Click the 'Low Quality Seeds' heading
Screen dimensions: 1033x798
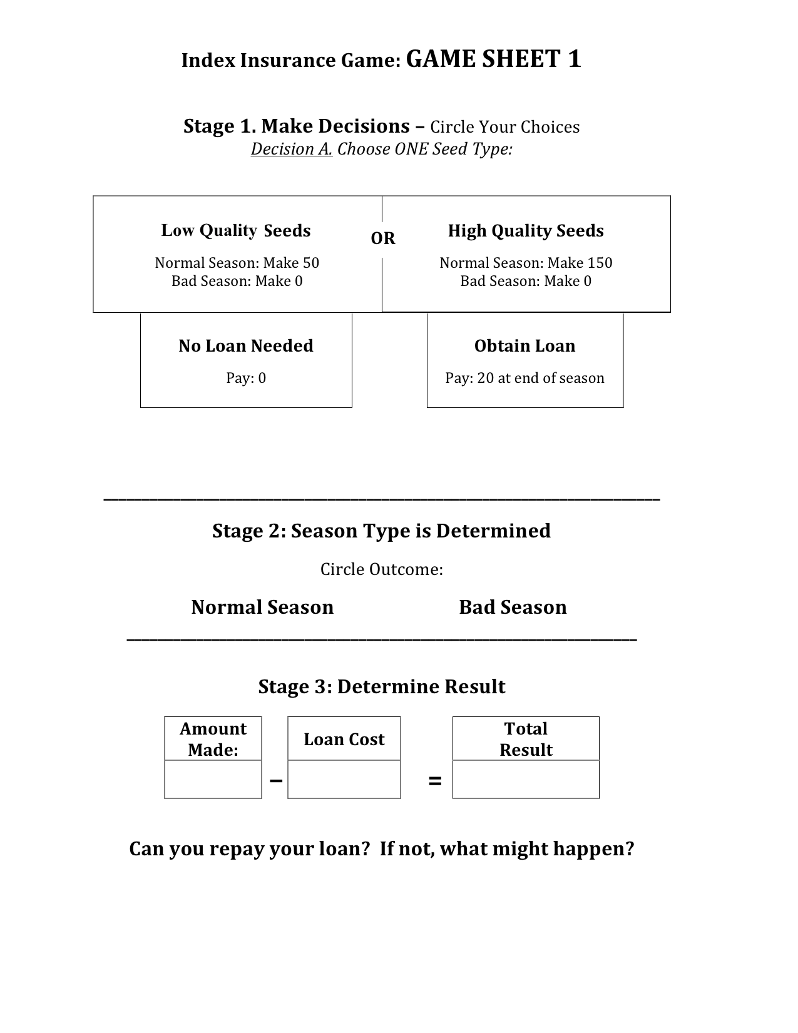(x=236, y=230)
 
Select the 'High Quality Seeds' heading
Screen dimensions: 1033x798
(x=526, y=230)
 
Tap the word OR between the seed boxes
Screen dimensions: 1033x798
(x=383, y=238)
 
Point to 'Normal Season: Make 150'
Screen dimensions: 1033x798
(x=526, y=263)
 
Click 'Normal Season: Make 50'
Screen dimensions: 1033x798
(x=237, y=263)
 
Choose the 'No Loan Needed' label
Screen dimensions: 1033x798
(x=246, y=345)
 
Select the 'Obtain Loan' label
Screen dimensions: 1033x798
(x=524, y=345)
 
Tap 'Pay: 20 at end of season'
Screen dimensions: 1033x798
(x=524, y=378)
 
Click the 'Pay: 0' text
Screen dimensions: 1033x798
(x=246, y=378)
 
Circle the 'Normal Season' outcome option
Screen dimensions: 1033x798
(x=262, y=607)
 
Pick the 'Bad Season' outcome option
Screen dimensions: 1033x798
(x=513, y=607)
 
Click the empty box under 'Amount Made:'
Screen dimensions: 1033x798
(x=213, y=780)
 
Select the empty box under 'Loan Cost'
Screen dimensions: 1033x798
(x=344, y=780)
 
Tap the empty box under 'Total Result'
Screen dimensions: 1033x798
(x=526, y=780)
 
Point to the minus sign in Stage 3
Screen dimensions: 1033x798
(x=275, y=780)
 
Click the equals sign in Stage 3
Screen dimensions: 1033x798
(x=435, y=781)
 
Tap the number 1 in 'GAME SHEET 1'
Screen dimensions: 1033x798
(x=574, y=59)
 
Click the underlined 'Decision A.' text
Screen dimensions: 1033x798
(x=292, y=150)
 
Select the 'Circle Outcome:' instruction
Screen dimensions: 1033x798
(x=382, y=569)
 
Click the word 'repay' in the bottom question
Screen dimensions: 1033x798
(x=241, y=849)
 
